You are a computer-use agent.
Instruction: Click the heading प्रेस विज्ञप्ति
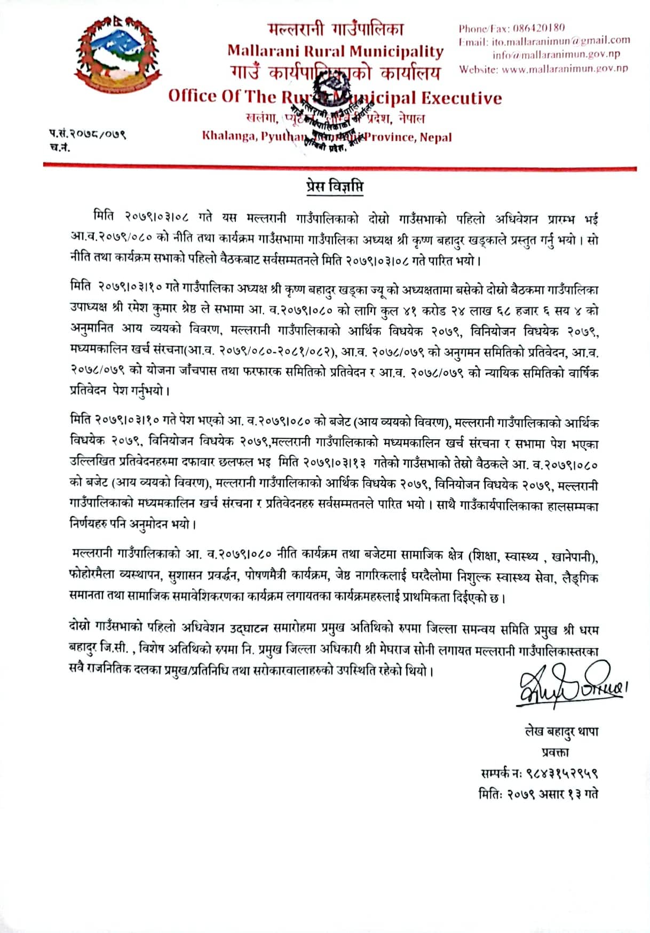[x=335, y=187]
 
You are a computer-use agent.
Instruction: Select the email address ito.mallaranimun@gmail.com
[x=560, y=41]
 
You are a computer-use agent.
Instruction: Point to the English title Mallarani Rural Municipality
[x=335, y=51]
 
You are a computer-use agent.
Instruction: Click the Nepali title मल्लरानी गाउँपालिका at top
[x=336, y=29]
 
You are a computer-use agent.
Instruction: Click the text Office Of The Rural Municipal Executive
[x=335, y=97]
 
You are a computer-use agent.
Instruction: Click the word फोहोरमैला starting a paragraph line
[x=92, y=578]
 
